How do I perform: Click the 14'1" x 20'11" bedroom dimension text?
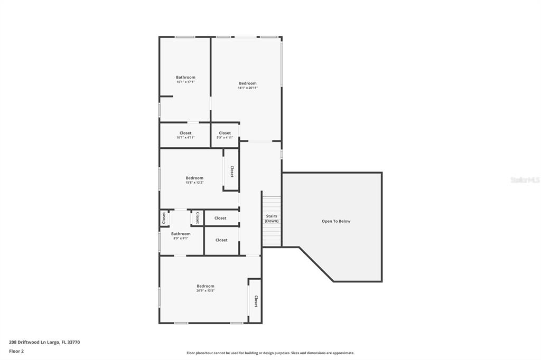click(x=248, y=88)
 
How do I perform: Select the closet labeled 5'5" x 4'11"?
click(x=225, y=135)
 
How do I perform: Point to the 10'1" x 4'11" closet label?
click(x=185, y=135)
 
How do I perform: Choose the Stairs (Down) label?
click(x=272, y=219)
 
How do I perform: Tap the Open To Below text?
click(x=336, y=221)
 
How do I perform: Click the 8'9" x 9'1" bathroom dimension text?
click(x=181, y=238)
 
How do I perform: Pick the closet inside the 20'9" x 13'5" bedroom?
click(x=256, y=301)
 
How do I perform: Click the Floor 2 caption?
click(x=16, y=352)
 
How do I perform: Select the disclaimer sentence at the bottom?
click(x=270, y=353)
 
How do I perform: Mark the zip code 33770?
click(x=74, y=343)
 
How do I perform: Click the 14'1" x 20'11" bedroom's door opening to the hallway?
click(x=260, y=141)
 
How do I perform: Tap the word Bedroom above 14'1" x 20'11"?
click(x=248, y=83)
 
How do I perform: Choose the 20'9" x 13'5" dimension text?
click(x=206, y=291)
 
